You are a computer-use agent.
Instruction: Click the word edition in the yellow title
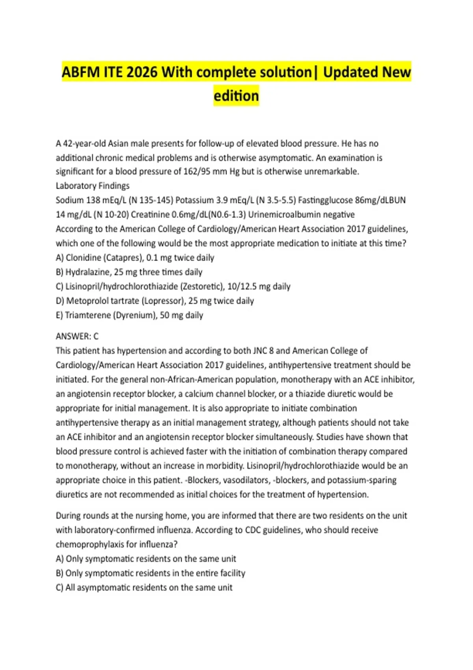[236, 96]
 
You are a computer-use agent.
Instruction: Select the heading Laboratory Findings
[93, 186]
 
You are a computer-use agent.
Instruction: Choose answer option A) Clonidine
[135, 258]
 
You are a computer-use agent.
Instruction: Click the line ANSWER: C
[77, 336]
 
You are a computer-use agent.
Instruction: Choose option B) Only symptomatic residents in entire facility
[151, 573]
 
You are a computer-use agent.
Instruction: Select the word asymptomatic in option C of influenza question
[102, 588]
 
